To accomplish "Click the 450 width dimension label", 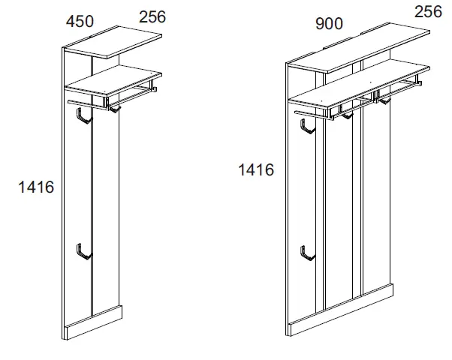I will click(x=80, y=22).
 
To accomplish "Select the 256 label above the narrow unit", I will click(x=152, y=16).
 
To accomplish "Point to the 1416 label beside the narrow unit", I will click(x=36, y=187).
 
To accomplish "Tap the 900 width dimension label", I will click(x=329, y=24).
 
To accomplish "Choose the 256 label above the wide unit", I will click(x=428, y=12).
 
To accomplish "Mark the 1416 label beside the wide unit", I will click(x=256, y=169).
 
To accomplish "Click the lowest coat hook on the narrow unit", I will click(x=83, y=253).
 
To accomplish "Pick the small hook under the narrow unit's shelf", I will click(x=114, y=109).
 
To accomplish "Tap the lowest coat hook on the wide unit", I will click(x=306, y=253).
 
